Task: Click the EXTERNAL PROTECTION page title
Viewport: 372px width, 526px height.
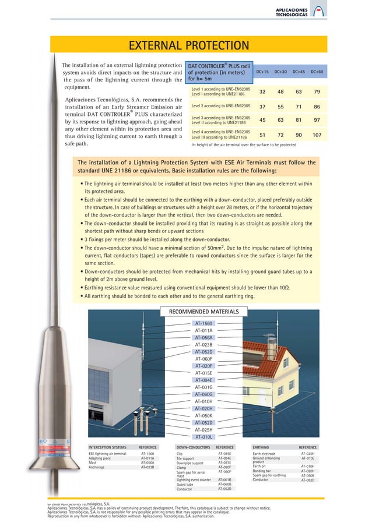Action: click(x=188, y=46)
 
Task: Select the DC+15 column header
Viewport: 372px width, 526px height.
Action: click(x=262, y=72)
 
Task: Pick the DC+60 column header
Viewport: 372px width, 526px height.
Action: click(x=317, y=72)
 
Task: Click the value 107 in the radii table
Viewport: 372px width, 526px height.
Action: click(x=317, y=135)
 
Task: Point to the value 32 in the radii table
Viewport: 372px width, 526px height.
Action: click(x=262, y=92)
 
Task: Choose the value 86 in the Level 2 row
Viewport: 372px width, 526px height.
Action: click(x=317, y=107)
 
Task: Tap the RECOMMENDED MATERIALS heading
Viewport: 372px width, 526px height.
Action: click(x=203, y=312)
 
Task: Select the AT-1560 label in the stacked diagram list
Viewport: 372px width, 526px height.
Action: click(x=203, y=323)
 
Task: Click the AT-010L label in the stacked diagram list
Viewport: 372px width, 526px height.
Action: click(x=203, y=436)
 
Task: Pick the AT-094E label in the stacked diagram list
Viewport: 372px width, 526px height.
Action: click(x=203, y=380)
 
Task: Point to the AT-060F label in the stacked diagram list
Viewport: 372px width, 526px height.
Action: click(x=203, y=359)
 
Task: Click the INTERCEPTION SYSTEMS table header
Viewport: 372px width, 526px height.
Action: click(x=107, y=447)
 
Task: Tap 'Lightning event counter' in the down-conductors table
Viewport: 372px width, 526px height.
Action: click(x=193, y=479)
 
